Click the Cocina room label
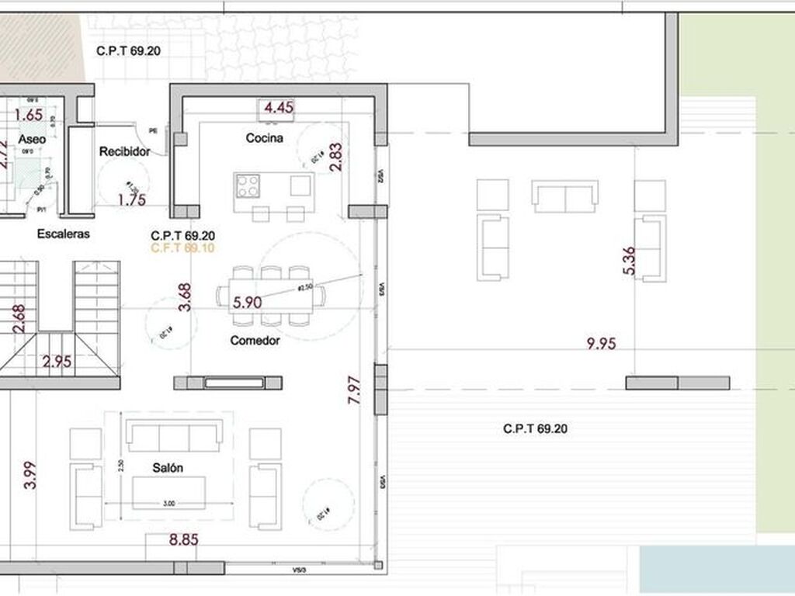pos(264,138)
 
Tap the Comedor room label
pos(255,340)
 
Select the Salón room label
pos(168,468)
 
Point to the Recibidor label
pos(124,152)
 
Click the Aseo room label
pos(32,139)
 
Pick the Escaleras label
pos(63,234)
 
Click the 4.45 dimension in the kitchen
pos(279,108)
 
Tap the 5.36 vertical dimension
pos(629,261)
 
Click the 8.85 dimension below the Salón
pos(183,540)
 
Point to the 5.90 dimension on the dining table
pos(247,303)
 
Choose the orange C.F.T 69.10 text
pos(183,248)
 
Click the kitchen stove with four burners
pos(248,186)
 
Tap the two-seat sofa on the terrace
pos(564,196)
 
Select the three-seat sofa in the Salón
pos(174,435)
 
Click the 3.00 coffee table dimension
pos(170,504)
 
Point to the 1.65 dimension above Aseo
pos(29,115)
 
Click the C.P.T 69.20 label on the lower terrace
pos(535,428)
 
